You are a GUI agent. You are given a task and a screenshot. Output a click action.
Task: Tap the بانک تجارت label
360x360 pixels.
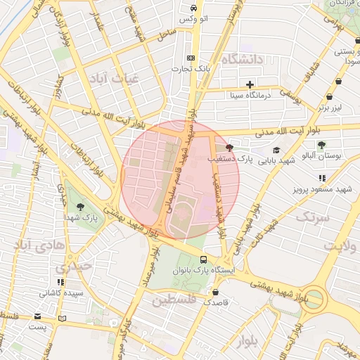point(191,69)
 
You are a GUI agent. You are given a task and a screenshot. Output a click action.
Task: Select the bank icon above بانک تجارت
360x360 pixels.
point(191,58)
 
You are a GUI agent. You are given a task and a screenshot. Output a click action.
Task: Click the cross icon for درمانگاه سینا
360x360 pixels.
point(249,84)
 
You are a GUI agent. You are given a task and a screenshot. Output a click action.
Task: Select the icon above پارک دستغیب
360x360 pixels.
point(229,148)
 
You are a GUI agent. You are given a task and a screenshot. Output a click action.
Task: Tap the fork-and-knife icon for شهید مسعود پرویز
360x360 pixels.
point(322,178)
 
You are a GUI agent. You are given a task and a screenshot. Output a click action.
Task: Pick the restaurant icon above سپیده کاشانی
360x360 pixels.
point(60,282)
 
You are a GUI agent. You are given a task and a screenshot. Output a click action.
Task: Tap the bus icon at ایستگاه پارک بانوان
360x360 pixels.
point(203,259)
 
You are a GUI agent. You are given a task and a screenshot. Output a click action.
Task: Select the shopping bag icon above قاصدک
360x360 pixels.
point(214,292)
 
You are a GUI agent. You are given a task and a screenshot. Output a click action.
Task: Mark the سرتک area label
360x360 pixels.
point(312,217)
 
